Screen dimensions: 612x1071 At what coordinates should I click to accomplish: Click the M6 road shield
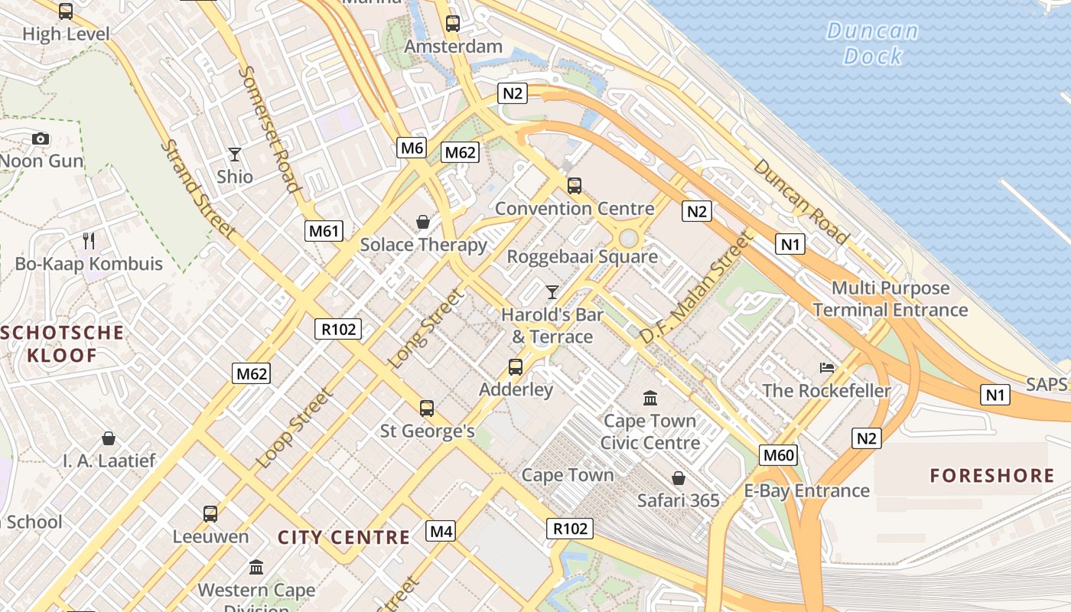click(412, 148)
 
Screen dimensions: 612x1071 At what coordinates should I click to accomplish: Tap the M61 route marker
click(324, 230)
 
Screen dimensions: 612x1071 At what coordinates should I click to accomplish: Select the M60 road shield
click(779, 456)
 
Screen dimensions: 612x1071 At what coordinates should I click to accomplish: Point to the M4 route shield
click(441, 531)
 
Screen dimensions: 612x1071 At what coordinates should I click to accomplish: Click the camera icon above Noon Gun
click(41, 138)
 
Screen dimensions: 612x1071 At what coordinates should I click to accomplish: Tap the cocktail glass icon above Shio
click(235, 154)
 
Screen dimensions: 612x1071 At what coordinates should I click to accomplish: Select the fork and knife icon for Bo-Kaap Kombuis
click(89, 241)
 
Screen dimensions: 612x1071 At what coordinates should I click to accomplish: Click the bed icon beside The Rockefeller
click(827, 368)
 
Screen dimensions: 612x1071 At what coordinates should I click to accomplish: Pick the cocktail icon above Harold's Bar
click(552, 291)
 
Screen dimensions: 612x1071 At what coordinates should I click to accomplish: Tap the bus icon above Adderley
click(516, 367)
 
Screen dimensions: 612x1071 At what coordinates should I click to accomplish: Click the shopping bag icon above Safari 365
click(678, 478)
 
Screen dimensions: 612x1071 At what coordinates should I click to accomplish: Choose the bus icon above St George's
click(427, 409)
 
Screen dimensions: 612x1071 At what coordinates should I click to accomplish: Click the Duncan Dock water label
click(872, 44)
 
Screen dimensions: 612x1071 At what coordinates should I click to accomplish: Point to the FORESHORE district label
click(991, 476)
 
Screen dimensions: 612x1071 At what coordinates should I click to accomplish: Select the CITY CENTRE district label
click(343, 537)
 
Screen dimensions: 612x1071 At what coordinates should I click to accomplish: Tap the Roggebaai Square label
click(582, 256)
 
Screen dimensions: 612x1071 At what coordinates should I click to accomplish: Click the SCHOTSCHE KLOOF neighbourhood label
click(63, 343)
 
